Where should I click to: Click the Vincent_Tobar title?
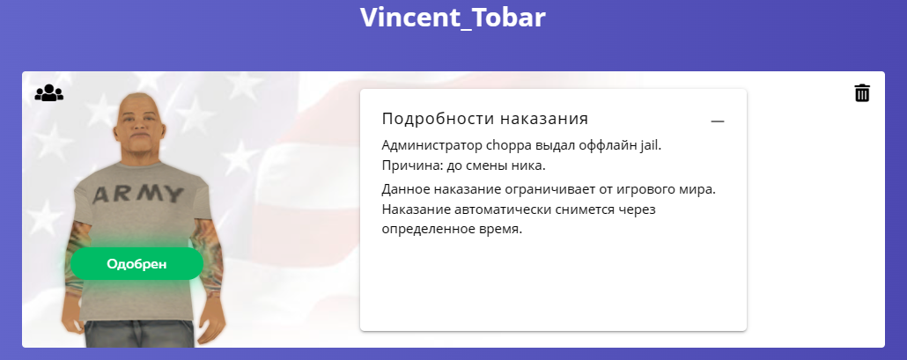point(453,18)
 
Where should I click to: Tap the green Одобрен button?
point(136,264)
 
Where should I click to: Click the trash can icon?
point(862,92)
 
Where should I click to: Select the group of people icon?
point(49,93)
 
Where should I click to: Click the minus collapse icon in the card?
point(718,121)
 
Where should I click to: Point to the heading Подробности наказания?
point(484,119)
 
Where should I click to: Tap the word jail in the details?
point(650,145)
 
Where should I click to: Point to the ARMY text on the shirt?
point(137,195)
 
